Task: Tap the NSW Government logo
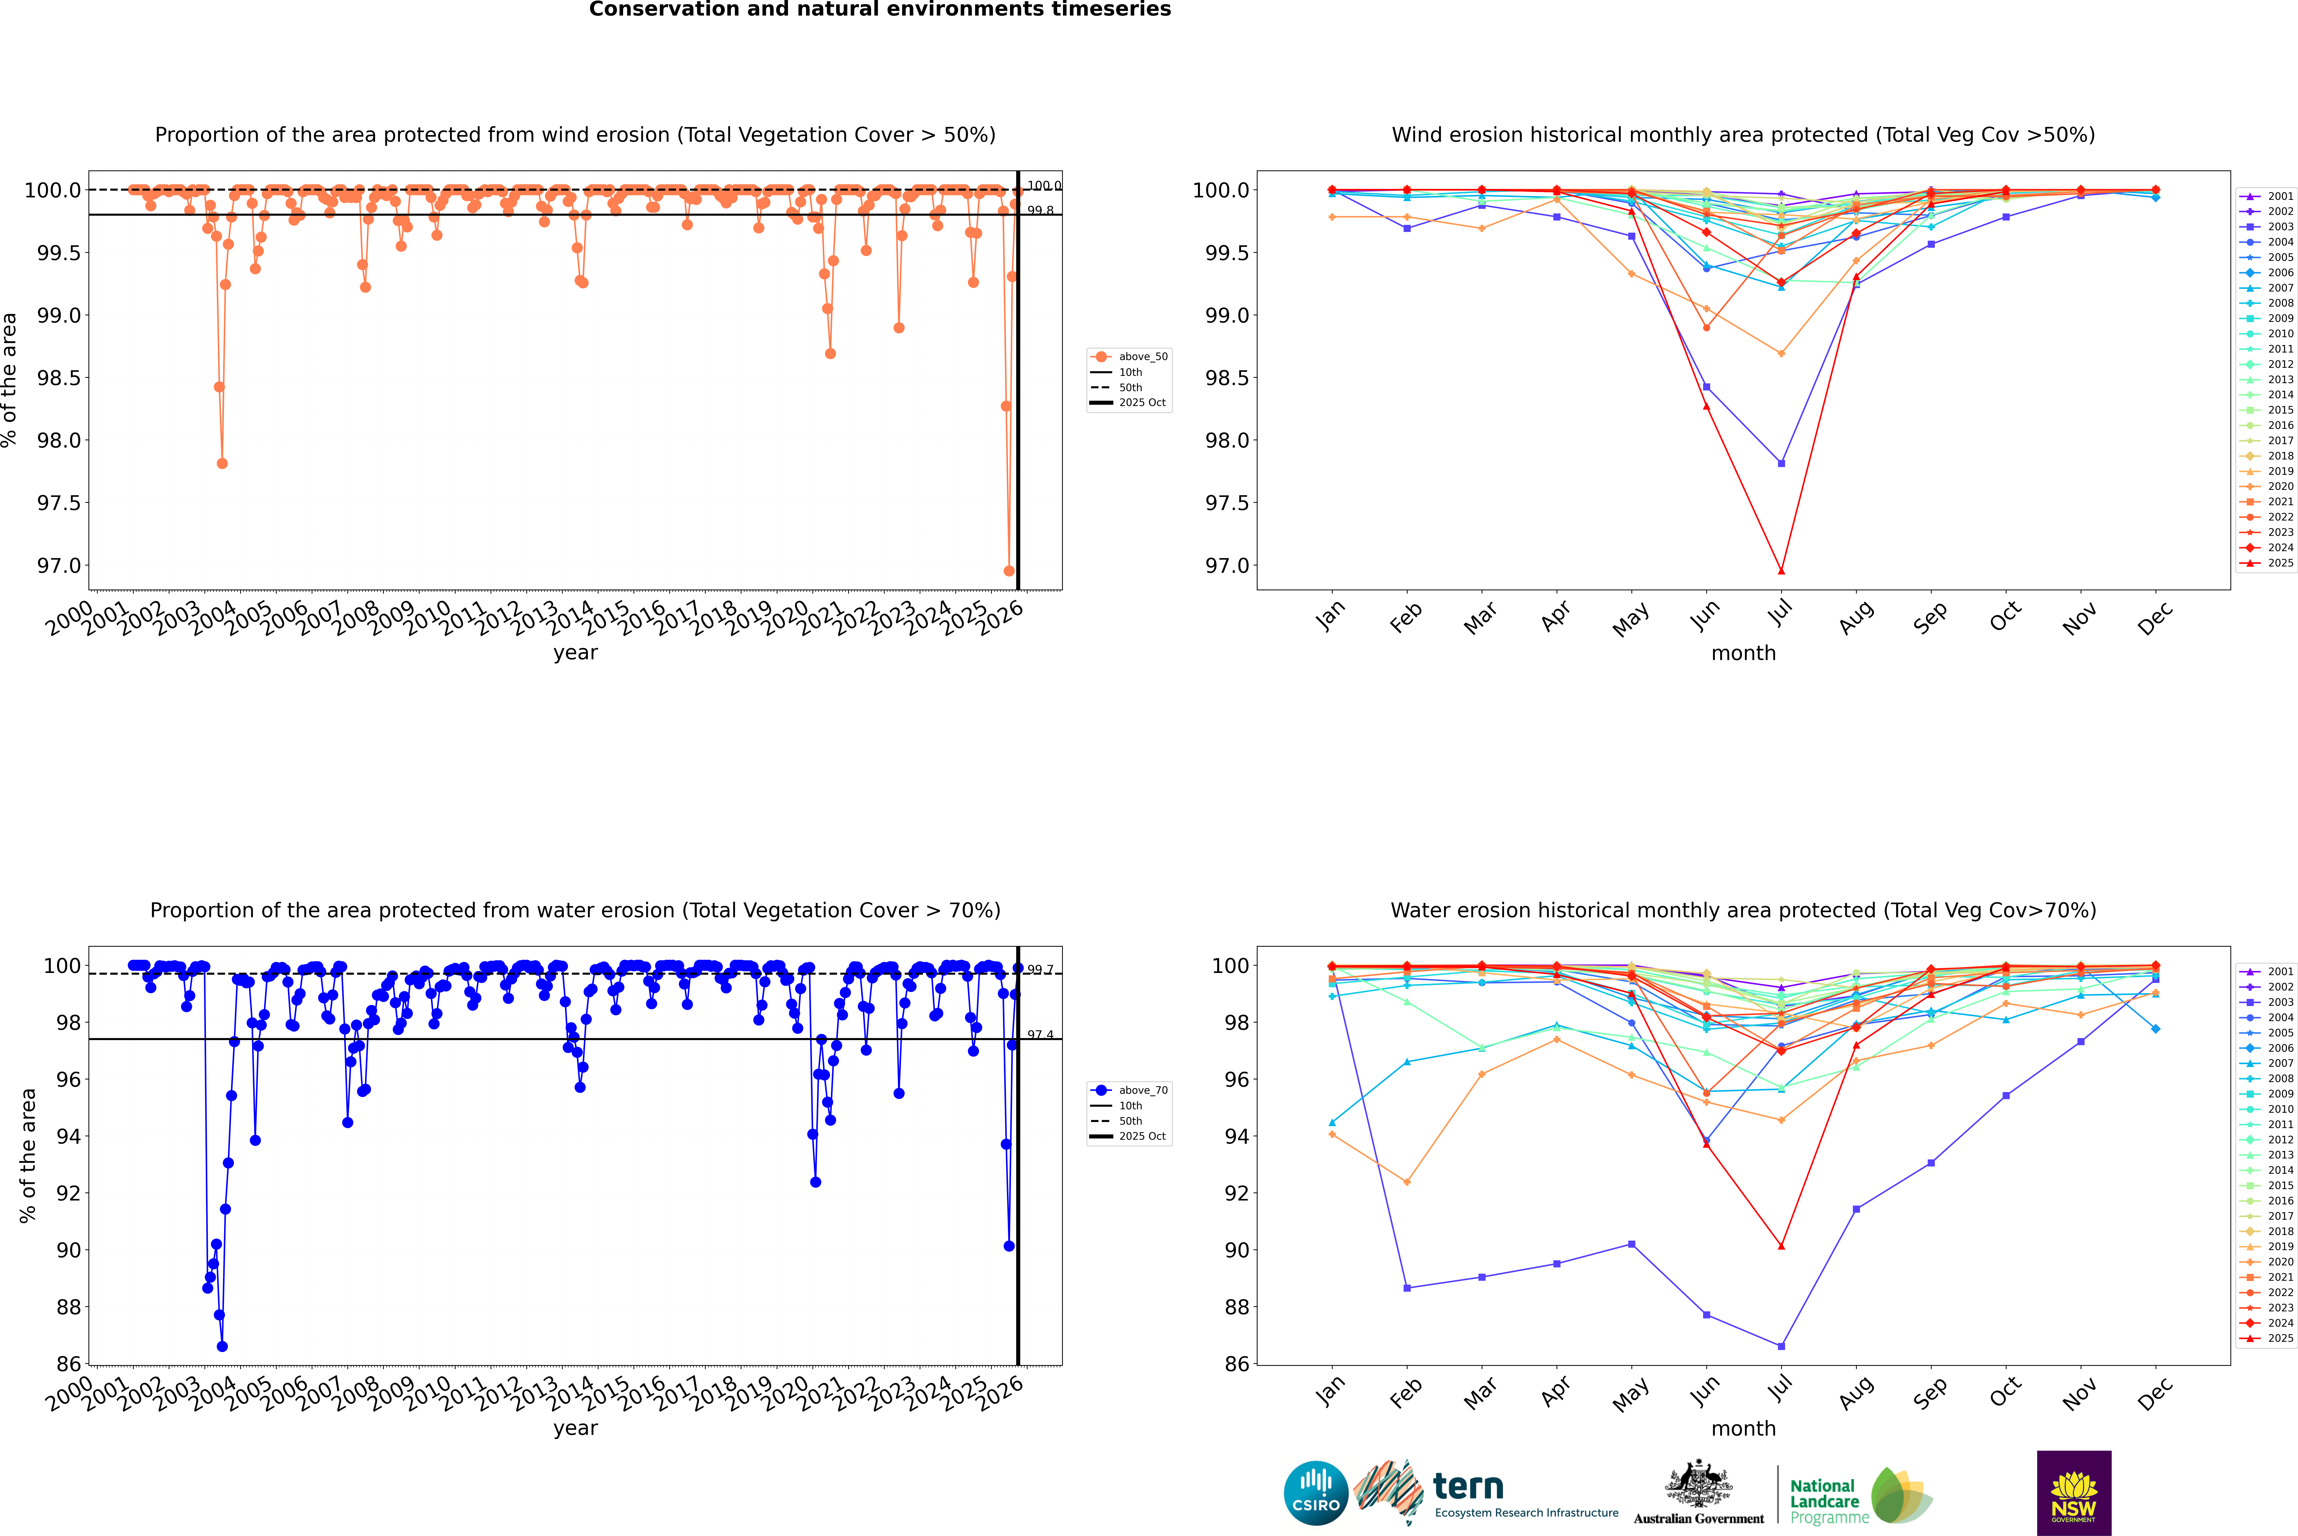pyautogui.click(x=2074, y=1493)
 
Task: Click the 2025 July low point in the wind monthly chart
pyautogui.click(x=1781, y=571)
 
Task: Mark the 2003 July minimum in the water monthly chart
pyautogui.click(x=1781, y=1346)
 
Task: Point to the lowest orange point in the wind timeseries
pyautogui.click(x=1009, y=571)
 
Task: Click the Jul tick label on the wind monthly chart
pyautogui.click(x=1781, y=612)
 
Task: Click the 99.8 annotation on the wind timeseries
pyautogui.click(x=1040, y=211)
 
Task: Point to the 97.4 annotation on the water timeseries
pyautogui.click(x=1040, y=1034)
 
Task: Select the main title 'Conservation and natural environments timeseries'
pyautogui.click(x=880, y=10)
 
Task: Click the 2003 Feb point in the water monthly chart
pyautogui.click(x=1407, y=1288)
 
